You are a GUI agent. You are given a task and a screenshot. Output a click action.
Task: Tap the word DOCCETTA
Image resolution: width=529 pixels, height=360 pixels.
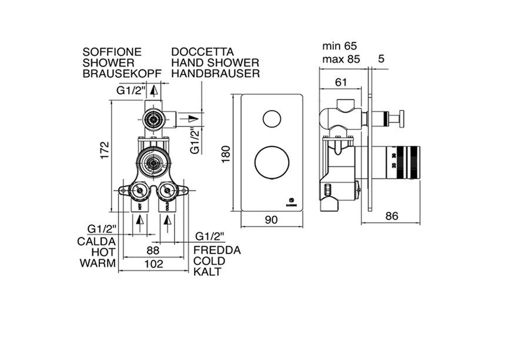coord(203,52)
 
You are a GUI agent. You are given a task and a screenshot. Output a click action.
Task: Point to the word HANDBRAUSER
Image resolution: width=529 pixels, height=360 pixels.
coord(215,74)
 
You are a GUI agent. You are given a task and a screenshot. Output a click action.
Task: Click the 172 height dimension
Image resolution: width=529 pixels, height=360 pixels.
coord(103,146)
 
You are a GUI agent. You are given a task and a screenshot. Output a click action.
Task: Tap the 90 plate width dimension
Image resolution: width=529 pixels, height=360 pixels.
coord(271,220)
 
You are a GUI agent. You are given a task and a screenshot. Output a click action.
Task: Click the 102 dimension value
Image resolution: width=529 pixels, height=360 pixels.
coord(153,264)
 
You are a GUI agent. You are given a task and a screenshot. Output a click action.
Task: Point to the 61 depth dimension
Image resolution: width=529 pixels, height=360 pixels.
coord(340,83)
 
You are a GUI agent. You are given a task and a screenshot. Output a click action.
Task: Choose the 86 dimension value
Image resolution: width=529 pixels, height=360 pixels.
coord(391,216)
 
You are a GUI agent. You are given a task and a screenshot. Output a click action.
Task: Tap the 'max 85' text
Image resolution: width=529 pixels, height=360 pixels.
coord(341,59)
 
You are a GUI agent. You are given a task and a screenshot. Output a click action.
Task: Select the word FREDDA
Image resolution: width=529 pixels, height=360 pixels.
coord(217,250)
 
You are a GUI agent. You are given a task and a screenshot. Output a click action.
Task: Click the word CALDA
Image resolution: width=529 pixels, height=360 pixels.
coord(97,241)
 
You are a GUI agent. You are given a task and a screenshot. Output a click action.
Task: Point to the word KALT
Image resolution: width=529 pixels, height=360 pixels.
coord(207,272)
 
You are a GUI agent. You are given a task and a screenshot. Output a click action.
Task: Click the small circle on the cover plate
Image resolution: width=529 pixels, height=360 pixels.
coord(272,119)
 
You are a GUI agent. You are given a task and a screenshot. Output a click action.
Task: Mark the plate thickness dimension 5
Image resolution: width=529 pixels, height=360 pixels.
coord(381,58)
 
